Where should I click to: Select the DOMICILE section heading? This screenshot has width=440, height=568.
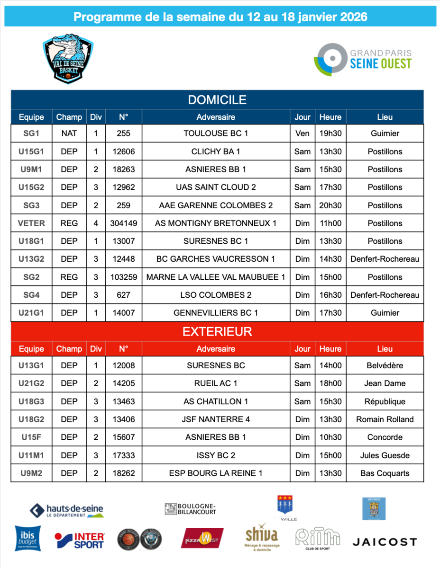tap(217, 100)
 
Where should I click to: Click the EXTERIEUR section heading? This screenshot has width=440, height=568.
tap(217, 332)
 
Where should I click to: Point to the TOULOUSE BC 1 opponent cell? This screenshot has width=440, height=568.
tap(216, 133)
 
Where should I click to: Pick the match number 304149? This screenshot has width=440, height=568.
tap(123, 223)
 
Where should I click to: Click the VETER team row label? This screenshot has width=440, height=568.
tap(31, 223)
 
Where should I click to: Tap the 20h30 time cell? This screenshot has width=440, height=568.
tap(330, 205)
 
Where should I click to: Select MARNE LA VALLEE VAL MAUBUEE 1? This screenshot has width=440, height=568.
tap(216, 277)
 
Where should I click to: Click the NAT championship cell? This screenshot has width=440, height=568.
tap(69, 133)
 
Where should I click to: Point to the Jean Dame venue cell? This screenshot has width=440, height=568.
tap(385, 383)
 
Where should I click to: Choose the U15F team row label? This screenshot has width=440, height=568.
tap(31, 437)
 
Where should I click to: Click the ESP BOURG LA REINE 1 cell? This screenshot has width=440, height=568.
tap(216, 473)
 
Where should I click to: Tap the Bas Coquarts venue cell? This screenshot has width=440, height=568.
tap(385, 473)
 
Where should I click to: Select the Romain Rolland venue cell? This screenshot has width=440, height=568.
tap(385, 419)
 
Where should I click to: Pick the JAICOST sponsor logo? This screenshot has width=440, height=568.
tap(385, 541)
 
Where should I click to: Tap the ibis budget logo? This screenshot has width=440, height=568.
tap(27, 539)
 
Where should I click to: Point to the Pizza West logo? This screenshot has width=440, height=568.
tap(202, 539)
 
